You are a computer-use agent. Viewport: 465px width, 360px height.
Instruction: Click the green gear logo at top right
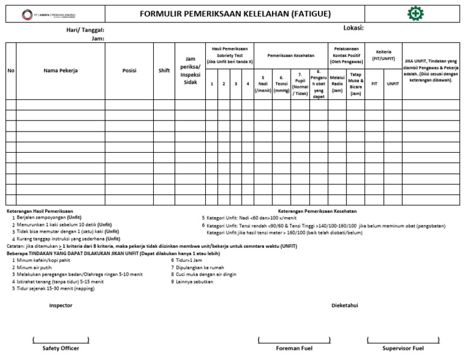click(x=415, y=14)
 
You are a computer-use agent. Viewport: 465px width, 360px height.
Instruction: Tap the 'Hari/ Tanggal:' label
click(x=85, y=30)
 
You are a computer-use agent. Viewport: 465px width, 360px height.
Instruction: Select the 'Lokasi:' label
click(x=353, y=28)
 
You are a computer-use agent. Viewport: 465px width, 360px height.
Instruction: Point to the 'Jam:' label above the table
click(x=97, y=38)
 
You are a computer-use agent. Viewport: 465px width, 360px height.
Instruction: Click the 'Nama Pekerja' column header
click(x=61, y=70)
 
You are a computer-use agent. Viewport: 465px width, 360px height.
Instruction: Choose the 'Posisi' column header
click(x=129, y=70)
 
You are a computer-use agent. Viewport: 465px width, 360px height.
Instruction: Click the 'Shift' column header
click(x=164, y=70)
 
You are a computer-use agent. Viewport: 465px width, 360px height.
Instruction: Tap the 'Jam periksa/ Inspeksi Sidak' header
click(x=190, y=70)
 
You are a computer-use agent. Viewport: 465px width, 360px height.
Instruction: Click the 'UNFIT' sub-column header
click(x=393, y=84)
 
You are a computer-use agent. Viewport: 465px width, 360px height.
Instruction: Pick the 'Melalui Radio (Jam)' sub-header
click(x=337, y=84)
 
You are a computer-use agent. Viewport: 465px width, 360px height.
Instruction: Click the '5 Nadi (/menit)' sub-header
click(x=263, y=84)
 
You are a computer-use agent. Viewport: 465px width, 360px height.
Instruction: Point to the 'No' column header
click(x=11, y=70)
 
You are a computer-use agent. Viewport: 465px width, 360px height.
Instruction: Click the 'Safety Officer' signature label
click(x=61, y=348)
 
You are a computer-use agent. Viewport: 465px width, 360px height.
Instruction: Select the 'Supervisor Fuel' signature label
click(x=402, y=348)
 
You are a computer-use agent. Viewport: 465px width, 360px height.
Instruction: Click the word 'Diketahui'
click(x=345, y=305)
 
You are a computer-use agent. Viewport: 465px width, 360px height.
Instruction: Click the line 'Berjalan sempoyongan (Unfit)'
click(x=50, y=217)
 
